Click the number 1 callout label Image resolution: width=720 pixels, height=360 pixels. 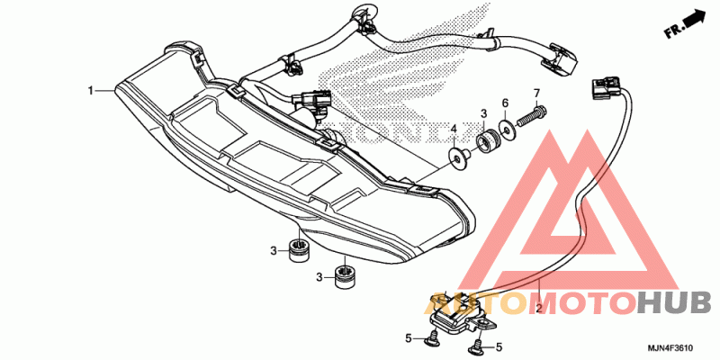click(x=90, y=91)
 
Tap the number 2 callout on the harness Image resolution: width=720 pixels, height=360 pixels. click(x=538, y=309)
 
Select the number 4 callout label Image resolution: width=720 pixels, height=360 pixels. click(x=454, y=130)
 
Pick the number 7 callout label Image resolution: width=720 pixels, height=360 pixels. click(x=536, y=94)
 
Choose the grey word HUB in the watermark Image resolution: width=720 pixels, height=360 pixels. click(x=673, y=303)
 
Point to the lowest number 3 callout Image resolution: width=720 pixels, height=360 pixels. click(x=319, y=278)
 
